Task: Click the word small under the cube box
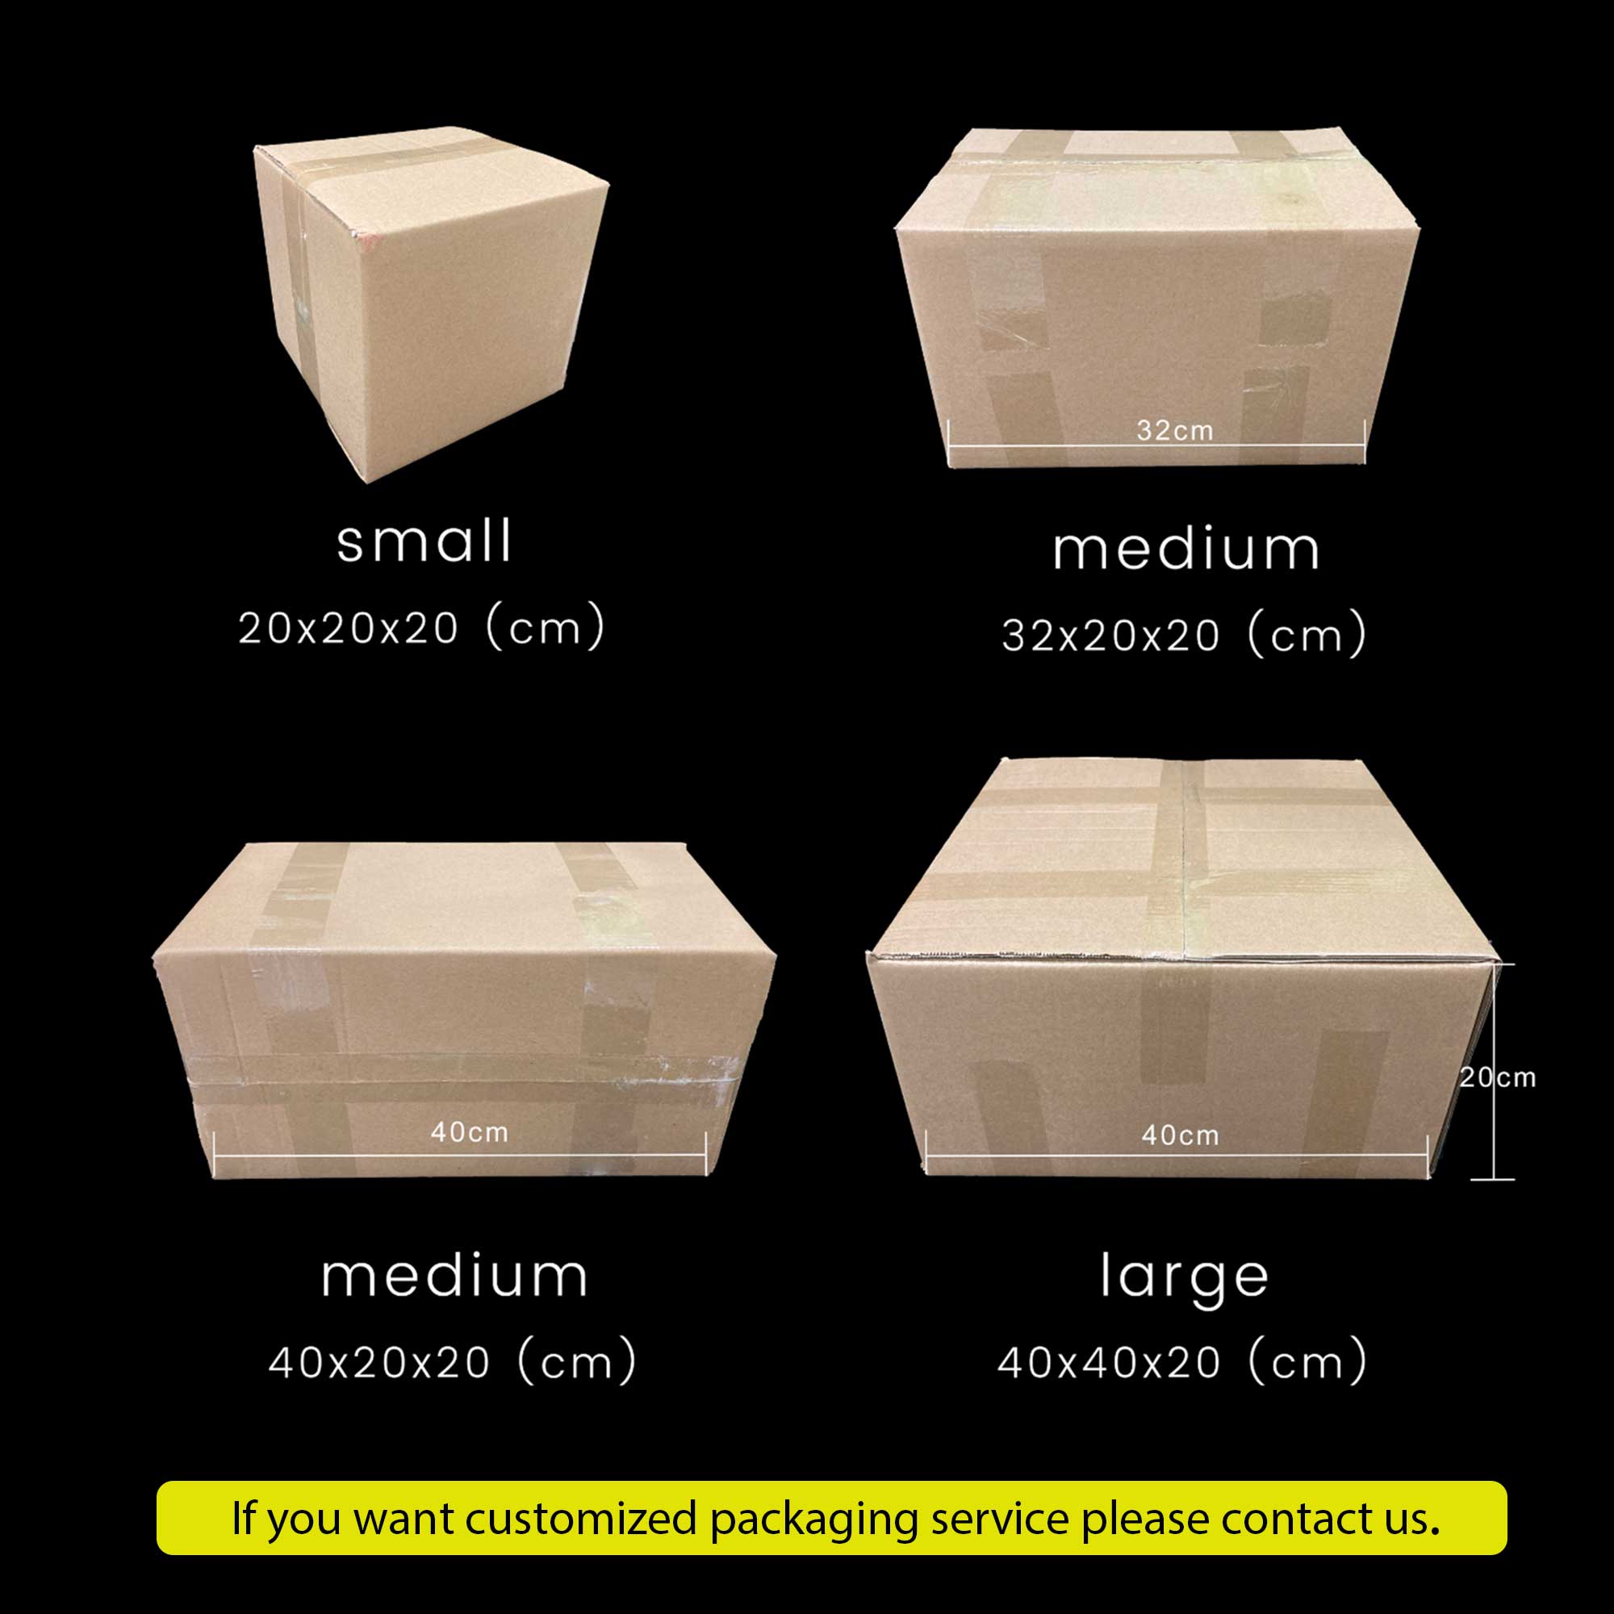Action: tap(424, 541)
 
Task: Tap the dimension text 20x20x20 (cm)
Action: tap(421, 627)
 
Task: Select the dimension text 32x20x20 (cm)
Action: tap(1184, 635)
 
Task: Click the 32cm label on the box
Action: tap(1174, 430)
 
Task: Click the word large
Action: tap(1184, 1279)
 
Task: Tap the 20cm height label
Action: tap(1498, 1077)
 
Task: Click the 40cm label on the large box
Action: tap(1181, 1135)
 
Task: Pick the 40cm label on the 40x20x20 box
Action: tap(470, 1132)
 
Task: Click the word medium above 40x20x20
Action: tap(454, 1276)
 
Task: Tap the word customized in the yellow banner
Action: tap(580, 1518)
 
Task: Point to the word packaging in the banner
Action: tap(813, 1520)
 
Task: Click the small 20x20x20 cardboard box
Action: tap(430, 304)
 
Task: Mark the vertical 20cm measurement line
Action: tap(1493, 1072)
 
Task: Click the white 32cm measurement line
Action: tap(1157, 445)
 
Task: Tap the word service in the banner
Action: tap(999, 1519)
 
